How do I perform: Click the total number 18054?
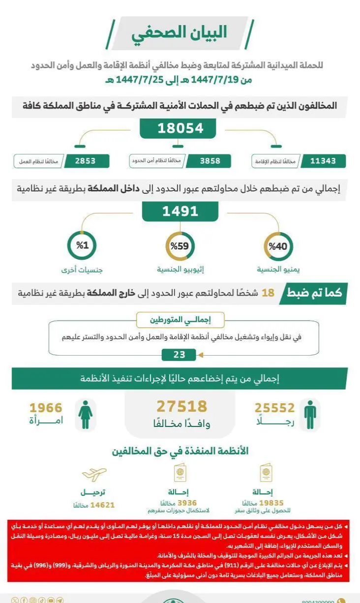pos(180,129)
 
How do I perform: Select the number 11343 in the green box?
pos(323,161)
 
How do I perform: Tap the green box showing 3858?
pos(210,161)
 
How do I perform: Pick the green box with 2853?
pos(85,161)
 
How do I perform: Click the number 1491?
pos(180,211)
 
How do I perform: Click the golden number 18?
pos(268,294)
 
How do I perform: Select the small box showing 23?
pos(179,355)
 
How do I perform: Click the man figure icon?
pos(310,414)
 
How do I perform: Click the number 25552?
pos(274,408)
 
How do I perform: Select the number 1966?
pos(46,408)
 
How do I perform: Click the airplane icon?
pos(94,475)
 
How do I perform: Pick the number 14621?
pos(101,505)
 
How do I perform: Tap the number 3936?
pos(187,503)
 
